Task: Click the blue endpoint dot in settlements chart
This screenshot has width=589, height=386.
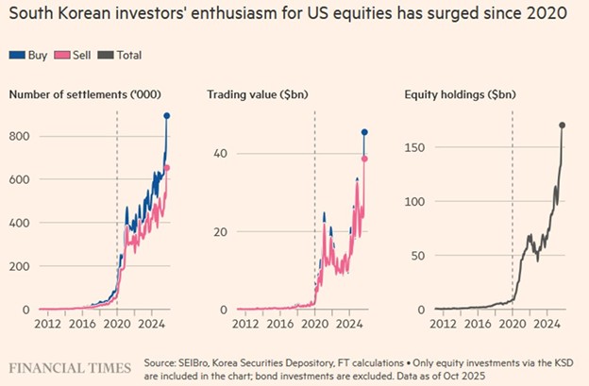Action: coord(167,116)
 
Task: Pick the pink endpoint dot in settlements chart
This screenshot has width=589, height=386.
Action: coord(167,168)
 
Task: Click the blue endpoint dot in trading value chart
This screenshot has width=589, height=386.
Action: coord(364,132)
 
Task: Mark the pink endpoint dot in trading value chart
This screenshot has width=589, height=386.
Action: coord(364,159)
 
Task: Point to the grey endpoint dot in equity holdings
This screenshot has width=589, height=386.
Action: coord(563,125)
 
